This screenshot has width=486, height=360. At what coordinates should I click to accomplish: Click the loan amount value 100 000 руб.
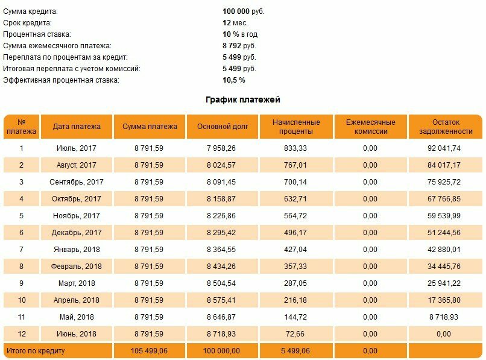click(x=244, y=12)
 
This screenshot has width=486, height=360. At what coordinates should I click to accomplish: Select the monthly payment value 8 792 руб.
click(x=239, y=46)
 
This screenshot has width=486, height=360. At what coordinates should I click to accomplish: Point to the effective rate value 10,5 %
click(x=234, y=80)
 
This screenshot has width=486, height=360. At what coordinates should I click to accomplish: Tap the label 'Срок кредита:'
click(x=27, y=24)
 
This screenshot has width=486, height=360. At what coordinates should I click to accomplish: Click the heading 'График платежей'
click(x=243, y=100)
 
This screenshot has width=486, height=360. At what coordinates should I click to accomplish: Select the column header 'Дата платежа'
click(x=77, y=127)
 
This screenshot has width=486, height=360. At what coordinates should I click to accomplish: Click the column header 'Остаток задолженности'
click(x=446, y=127)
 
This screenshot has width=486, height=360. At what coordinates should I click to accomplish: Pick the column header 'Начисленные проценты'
click(x=296, y=127)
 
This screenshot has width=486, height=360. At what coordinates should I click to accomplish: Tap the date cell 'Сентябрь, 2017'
click(x=77, y=182)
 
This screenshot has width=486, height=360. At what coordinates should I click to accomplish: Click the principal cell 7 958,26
click(x=221, y=148)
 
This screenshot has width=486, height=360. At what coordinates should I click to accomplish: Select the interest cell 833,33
click(x=295, y=148)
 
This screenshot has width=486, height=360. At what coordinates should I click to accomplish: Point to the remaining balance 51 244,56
click(x=444, y=233)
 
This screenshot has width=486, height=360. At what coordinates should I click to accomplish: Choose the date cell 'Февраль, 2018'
click(x=77, y=267)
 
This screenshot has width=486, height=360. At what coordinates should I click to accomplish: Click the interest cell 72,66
click(x=295, y=334)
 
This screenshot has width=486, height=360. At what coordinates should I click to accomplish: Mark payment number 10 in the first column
click(x=21, y=300)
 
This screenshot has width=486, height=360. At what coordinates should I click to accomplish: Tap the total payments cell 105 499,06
click(x=149, y=351)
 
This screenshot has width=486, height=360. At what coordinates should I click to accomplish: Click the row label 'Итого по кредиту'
click(x=36, y=351)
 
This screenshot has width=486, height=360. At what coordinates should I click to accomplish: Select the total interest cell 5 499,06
click(x=295, y=351)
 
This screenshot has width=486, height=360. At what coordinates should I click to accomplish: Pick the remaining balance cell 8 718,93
click(x=444, y=317)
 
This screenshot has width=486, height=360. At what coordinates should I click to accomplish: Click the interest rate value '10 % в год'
click(x=240, y=34)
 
